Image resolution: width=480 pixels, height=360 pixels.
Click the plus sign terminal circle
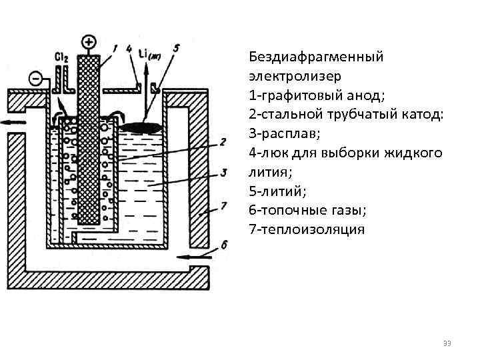point(88,43)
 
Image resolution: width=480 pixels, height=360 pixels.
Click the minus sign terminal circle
point(38,79)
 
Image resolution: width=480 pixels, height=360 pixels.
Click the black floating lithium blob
point(142,127)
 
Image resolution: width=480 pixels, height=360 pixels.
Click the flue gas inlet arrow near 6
point(200,255)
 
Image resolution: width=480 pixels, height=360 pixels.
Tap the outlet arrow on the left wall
point(15,122)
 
